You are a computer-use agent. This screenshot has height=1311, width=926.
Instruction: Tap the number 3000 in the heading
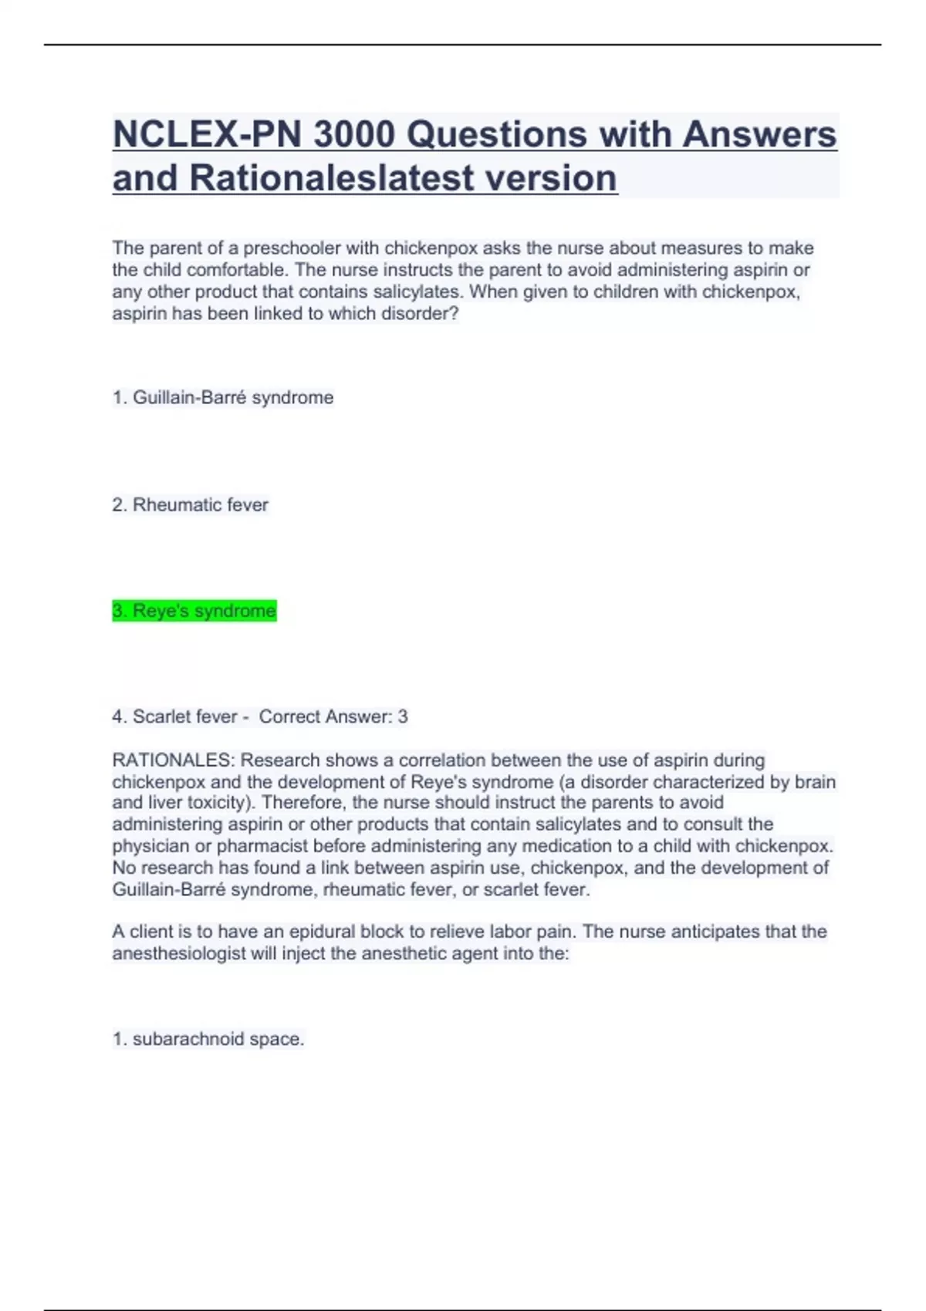click(353, 134)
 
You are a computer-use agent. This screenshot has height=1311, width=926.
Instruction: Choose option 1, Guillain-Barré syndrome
click(223, 398)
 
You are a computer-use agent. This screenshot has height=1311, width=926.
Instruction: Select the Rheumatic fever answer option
click(191, 505)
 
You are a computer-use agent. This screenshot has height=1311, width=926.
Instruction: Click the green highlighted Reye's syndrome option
click(194, 612)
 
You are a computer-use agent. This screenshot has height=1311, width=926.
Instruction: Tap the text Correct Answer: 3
click(333, 717)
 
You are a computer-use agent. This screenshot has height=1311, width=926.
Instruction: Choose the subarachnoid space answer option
click(208, 1040)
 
